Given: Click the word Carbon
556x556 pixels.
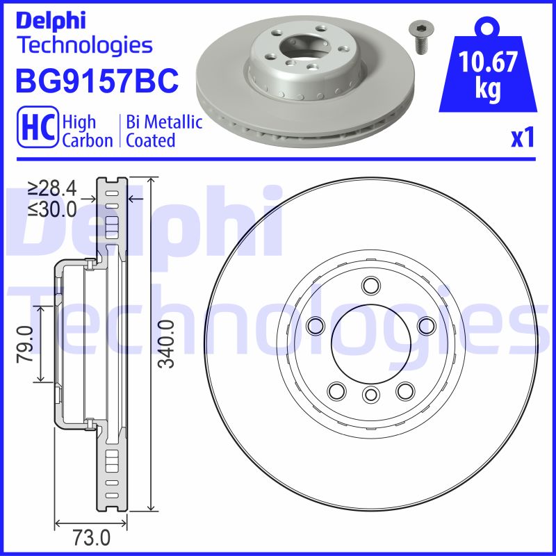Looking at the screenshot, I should pyautogui.click(x=88, y=140).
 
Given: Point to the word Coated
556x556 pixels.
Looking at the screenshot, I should pyautogui.click(x=151, y=140).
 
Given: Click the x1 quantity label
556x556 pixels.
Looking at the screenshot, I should pyautogui.click(x=523, y=138).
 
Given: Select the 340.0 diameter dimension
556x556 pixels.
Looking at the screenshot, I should pyautogui.click(x=167, y=345).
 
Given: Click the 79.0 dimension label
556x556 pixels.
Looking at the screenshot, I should pyautogui.click(x=26, y=343).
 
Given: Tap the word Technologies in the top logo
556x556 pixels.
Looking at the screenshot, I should pyautogui.click(x=83, y=46).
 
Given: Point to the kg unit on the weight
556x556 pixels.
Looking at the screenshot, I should pyautogui.click(x=489, y=91).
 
